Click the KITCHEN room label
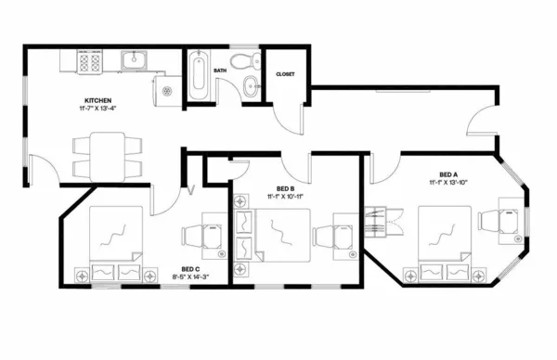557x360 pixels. pos(99,99)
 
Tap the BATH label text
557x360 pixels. pos(220,70)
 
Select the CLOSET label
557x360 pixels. pos(285,74)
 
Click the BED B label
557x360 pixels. pos(287,187)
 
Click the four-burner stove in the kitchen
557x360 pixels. pos(89,63)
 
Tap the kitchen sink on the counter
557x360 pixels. pos(136,62)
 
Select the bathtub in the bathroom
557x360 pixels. pos(199,76)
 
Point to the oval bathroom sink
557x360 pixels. pos(248,88)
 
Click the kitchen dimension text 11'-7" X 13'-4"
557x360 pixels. pos(99,109)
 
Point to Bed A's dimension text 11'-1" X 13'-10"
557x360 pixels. pos(451,183)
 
